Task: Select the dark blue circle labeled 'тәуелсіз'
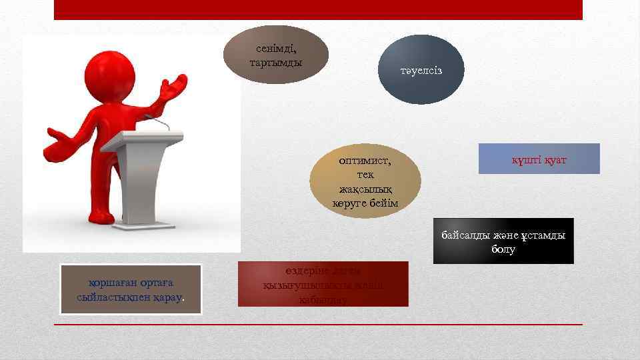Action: click(x=421, y=70)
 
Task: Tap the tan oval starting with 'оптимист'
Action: click(x=365, y=181)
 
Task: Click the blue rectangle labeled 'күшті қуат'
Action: click(x=539, y=159)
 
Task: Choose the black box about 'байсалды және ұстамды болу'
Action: click(x=503, y=241)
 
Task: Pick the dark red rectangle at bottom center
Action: click(x=323, y=284)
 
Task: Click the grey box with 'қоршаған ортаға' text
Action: click(x=131, y=289)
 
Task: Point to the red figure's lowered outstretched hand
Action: click(x=61, y=139)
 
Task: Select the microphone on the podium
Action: click(x=153, y=119)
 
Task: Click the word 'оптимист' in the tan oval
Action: click(x=365, y=161)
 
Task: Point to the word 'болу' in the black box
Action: click(x=503, y=249)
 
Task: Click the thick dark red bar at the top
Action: click(x=318, y=9)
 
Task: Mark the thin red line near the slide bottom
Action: click(x=318, y=325)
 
